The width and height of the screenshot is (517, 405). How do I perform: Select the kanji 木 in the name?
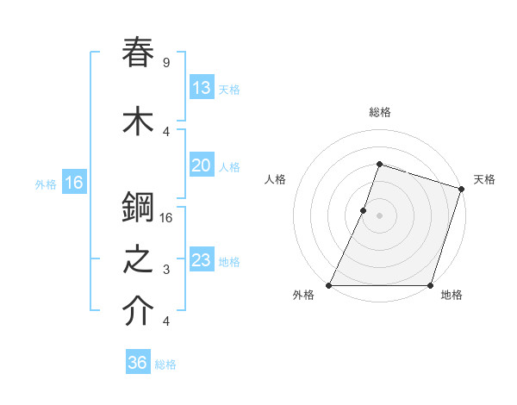[139, 121]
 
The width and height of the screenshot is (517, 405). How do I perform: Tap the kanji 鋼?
[139, 207]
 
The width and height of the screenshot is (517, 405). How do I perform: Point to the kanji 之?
[139, 260]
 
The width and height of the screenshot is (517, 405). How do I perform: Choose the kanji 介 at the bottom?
[139, 312]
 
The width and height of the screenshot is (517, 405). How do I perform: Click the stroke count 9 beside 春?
[165, 63]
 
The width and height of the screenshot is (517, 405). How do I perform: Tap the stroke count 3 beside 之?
[165, 270]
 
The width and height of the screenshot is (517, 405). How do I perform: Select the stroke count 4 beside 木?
[165, 131]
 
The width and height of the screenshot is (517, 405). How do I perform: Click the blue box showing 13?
[201, 88]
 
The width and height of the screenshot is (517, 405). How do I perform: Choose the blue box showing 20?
[201, 165]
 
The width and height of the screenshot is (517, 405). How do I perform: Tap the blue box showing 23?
[201, 260]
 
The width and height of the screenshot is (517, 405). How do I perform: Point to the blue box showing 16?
[73, 183]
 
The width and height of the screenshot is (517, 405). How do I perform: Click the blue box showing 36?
[137, 363]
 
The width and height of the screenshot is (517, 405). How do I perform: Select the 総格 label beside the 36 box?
[165, 364]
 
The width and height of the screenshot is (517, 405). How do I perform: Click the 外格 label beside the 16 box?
[46, 184]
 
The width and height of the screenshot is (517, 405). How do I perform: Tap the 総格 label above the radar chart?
[379, 113]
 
